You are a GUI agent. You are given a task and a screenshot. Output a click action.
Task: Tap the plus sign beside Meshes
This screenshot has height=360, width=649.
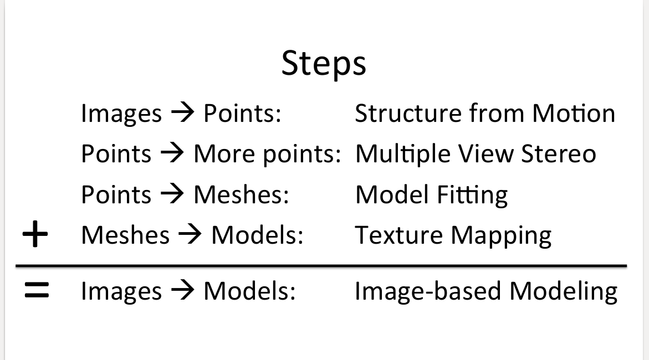pyautogui.click(x=35, y=235)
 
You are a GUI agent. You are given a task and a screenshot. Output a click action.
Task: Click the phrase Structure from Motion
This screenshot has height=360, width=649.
pyautogui.click(x=485, y=114)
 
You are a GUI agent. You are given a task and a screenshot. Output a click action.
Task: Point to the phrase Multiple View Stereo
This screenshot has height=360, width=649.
pyautogui.click(x=476, y=154)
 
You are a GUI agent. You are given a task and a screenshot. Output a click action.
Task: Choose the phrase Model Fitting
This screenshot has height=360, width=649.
pyautogui.click(x=431, y=195)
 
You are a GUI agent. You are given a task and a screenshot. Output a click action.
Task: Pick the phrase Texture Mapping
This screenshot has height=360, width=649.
pyautogui.click(x=453, y=236)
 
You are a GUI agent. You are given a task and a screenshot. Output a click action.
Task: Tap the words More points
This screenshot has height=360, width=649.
pyautogui.click(x=266, y=155)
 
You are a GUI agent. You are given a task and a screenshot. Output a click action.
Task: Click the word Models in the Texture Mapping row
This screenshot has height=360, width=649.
pyautogui.click(x=257, y=235)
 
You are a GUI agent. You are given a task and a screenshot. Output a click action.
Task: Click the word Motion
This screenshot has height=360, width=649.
pyautogui.click(x=574, y=114)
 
